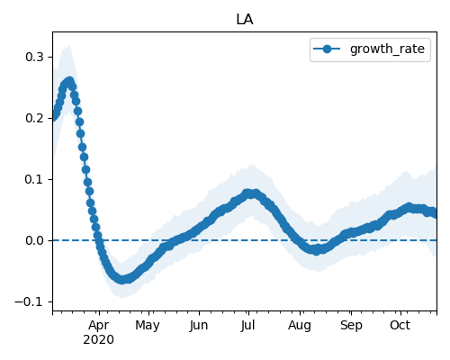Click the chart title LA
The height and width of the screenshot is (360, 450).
pos(245,20)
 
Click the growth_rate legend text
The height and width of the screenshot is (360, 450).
pos(387,49)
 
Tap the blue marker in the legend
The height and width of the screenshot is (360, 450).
pos(327,49)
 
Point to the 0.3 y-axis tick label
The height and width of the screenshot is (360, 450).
pos(35,57)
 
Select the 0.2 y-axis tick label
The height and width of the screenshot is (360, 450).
pos(35,118)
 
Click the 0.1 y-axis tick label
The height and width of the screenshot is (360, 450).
pos(35,179)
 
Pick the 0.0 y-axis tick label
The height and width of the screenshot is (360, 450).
pos(35,240)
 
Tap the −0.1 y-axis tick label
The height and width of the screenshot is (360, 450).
pos(30,301)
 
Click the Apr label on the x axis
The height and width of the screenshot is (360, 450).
pos(99,326)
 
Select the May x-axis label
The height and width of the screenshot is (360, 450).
pos(148,326)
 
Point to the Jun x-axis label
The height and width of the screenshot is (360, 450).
pos(199,326)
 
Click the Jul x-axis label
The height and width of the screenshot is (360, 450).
pos(247,326)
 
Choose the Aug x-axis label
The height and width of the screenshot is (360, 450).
pos(300,326)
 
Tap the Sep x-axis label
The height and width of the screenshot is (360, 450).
pos(351,326)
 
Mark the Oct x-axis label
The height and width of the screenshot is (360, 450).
pos(400,326)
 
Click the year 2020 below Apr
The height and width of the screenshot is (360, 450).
pos(98,340)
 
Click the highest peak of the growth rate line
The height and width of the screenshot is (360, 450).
pos(69,81)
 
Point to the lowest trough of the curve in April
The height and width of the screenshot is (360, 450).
pos(121,280)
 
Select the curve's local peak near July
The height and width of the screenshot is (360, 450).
pos(247,193)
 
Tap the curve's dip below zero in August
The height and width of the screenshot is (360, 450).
pos(317,250)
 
